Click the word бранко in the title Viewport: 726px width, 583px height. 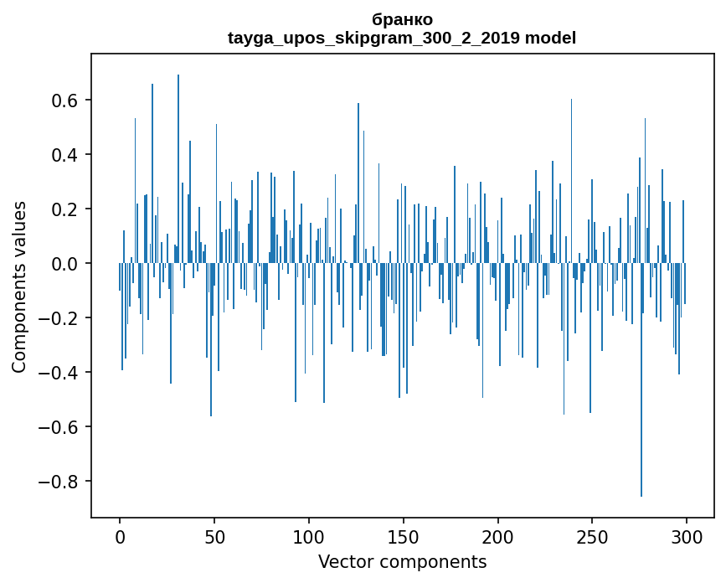(402, 20)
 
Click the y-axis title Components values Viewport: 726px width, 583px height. (19, 286)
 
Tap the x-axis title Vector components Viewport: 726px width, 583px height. (402, 561)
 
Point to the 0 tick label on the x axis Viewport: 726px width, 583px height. (120, 536)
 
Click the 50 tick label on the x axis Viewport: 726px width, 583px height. (214, 536)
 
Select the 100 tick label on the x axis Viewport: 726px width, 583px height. (309, 536)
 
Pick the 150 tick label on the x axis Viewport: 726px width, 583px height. (404, 536)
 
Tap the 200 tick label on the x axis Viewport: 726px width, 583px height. (498, 536)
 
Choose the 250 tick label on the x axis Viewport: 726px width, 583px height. (592, 536)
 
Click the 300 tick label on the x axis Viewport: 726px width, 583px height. (687, 536)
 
